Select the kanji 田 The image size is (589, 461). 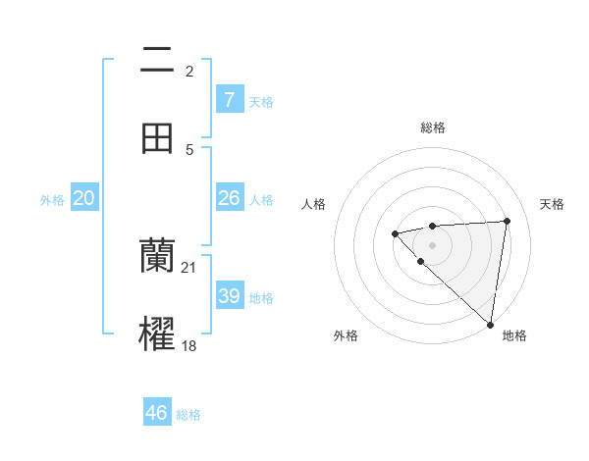(157, 137)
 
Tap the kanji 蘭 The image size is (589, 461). (157, 255)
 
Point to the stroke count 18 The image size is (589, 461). (188, 346)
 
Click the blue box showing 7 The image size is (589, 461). (230, 100)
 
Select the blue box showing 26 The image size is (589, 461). (230, 198)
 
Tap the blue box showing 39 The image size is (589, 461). (230, 296)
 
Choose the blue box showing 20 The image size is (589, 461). (84, 198)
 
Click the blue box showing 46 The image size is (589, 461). (157, 413)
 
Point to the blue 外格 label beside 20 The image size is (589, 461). (52, 200)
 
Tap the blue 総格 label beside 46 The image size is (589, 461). (188, 415)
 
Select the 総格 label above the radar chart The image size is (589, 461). (433, 128)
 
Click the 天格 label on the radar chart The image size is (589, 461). (552, 204)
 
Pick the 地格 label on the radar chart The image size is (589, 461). (514, 336)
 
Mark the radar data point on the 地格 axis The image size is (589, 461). (490, 324)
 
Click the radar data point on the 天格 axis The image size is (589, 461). (507, 221)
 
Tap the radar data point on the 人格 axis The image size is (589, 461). (395, 233)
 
